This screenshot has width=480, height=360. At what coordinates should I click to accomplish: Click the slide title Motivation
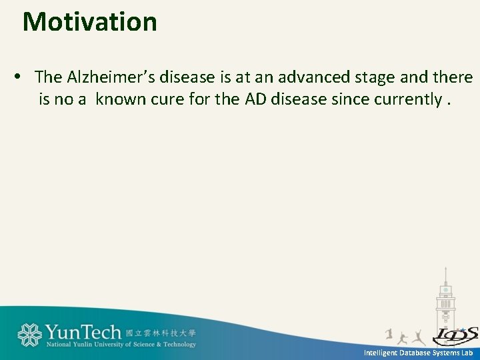90,22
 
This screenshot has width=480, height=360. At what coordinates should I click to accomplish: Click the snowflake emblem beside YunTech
29,335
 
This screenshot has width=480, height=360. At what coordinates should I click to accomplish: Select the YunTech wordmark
83,332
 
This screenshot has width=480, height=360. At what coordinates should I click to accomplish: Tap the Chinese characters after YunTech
161,332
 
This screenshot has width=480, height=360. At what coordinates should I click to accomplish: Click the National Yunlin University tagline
121,345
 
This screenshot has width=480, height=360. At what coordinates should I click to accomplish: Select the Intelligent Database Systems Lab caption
418,352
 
